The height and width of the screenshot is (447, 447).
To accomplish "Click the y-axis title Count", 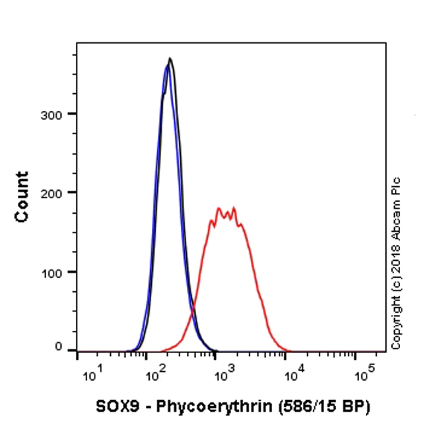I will pyautogui.click(x=22, y=196).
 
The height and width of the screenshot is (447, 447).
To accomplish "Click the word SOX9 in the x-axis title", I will pyautogui.click(x=115, y=407).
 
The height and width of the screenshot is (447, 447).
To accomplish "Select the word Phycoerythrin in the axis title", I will pyautogui.click(x=205, y=407).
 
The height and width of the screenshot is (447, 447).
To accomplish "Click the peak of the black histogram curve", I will pyautogui.click(x=171, y=59).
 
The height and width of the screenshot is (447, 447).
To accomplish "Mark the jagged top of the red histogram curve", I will pyautogui.click(x=226, y=212).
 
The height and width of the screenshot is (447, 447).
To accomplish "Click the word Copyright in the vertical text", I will pyautogui.click(x=396, y=321).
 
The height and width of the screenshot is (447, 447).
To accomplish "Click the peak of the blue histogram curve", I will pyautogui.click(x=168, y=66).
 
